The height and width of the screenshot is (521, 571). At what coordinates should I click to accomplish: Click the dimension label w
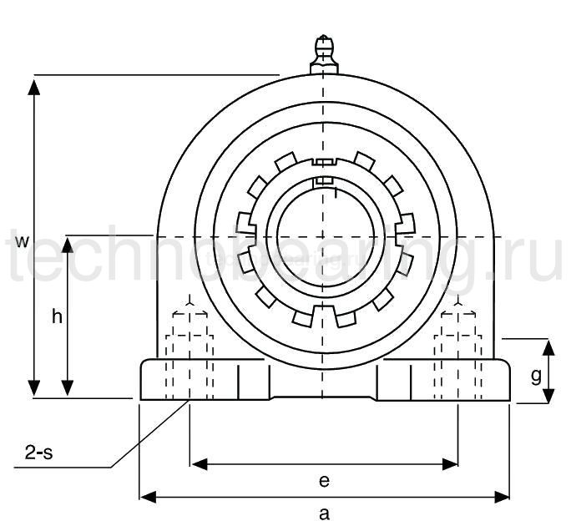[23, 242]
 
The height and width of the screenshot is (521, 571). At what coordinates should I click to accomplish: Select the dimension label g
[536, 376]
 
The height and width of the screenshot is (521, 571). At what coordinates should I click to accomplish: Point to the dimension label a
[325, 513]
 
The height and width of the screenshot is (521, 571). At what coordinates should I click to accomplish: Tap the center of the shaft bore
[324, 235]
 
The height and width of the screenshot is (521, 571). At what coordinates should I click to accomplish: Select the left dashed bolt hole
[190, 355]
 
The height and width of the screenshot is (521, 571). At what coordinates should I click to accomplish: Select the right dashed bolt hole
[458, 355]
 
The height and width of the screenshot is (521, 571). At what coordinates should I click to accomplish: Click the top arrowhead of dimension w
[34, 84]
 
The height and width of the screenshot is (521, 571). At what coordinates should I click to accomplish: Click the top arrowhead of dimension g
[548, 346]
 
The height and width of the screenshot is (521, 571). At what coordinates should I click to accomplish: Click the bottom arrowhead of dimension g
[548, 396]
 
